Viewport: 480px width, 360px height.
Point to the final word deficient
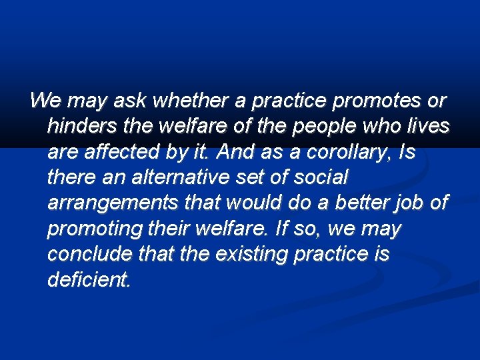[x=89, y=280]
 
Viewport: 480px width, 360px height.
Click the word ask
[x=131, y=101]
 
